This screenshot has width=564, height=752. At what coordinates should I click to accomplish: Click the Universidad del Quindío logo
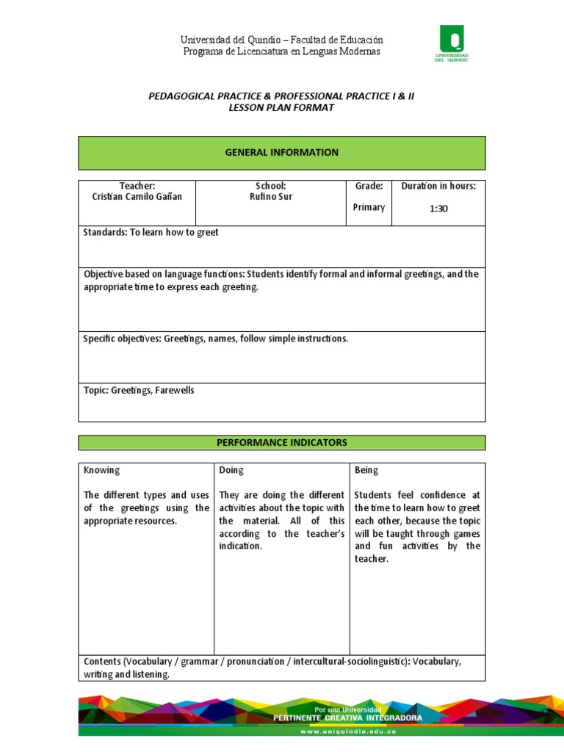(453, 44)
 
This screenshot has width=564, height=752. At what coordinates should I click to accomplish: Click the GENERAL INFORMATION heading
(282, 153)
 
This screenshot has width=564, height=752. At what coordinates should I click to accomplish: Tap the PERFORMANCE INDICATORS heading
(282, 443)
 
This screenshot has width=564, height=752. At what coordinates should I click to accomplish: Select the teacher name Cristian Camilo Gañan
(137, 198)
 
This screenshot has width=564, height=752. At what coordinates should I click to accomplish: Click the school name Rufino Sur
(271, 198)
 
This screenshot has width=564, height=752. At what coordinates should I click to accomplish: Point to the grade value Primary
(369, 208)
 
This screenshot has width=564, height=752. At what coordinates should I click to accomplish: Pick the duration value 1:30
(438, 209)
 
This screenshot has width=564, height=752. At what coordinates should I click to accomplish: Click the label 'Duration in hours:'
(438, 187)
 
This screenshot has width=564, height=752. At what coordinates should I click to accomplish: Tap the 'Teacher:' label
(137, 187)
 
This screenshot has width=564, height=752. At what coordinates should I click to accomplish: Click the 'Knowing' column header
(102, 470)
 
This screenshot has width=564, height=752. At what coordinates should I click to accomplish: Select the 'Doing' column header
(231, 470)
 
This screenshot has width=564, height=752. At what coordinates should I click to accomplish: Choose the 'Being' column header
(366, 470)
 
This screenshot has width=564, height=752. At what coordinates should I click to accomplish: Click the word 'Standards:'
(105, 233)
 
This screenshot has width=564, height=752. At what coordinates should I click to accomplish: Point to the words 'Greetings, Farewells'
(153, 391)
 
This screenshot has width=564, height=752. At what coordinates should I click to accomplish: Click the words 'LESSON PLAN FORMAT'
(282, 108)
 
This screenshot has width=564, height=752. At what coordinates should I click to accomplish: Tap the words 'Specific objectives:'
(122, 339)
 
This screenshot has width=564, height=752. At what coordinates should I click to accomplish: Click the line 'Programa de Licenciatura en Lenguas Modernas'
(282, 51)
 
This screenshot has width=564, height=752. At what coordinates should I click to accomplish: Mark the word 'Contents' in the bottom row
(103, 662)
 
